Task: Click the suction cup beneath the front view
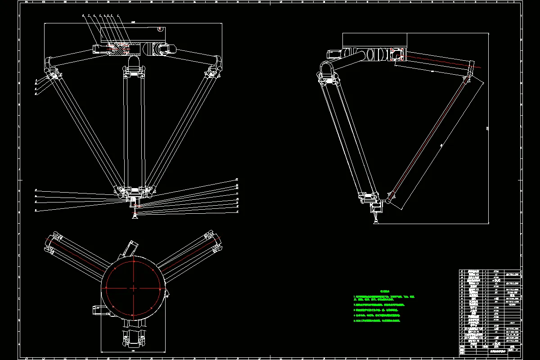pyautogui.click(x=134, y=217)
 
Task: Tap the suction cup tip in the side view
pyautogui.click(x=374, y=220)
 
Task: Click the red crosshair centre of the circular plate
pyautogui.click(x=133, y=288)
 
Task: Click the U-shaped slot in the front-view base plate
pyautogui.click(x=161, y=29)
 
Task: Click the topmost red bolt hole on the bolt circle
pyautogui.click(x=133, y=261)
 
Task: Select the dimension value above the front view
pyautogui.click(x=134, y=22)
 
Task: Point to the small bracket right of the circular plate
pyautogui.click(x=166, y=293)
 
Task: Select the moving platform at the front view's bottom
pyautogui.click(x=134, y=193)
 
